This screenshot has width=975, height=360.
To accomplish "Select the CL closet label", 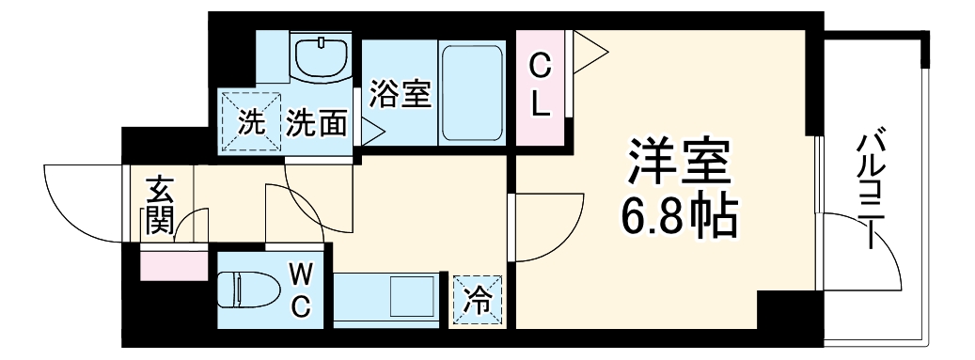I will click(539, 86).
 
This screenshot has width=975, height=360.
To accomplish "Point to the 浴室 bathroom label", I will click(400, 94).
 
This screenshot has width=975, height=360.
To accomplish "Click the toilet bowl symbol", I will click(245, 289).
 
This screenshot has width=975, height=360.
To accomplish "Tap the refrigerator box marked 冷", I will click(478, 301).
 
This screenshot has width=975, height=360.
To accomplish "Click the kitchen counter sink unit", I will click(385, 299).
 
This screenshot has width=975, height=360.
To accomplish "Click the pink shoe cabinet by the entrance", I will click(174, 265).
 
